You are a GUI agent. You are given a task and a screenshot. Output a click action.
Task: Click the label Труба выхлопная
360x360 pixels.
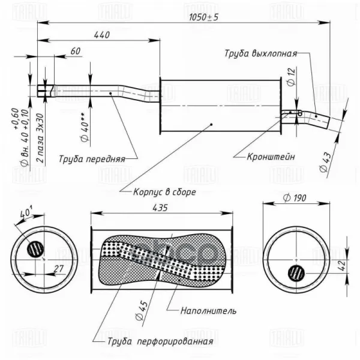point(261,52)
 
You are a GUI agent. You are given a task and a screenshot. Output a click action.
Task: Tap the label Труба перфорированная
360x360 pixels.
point(153,342)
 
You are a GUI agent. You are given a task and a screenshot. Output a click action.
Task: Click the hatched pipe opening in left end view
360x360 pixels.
point(35,248)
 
